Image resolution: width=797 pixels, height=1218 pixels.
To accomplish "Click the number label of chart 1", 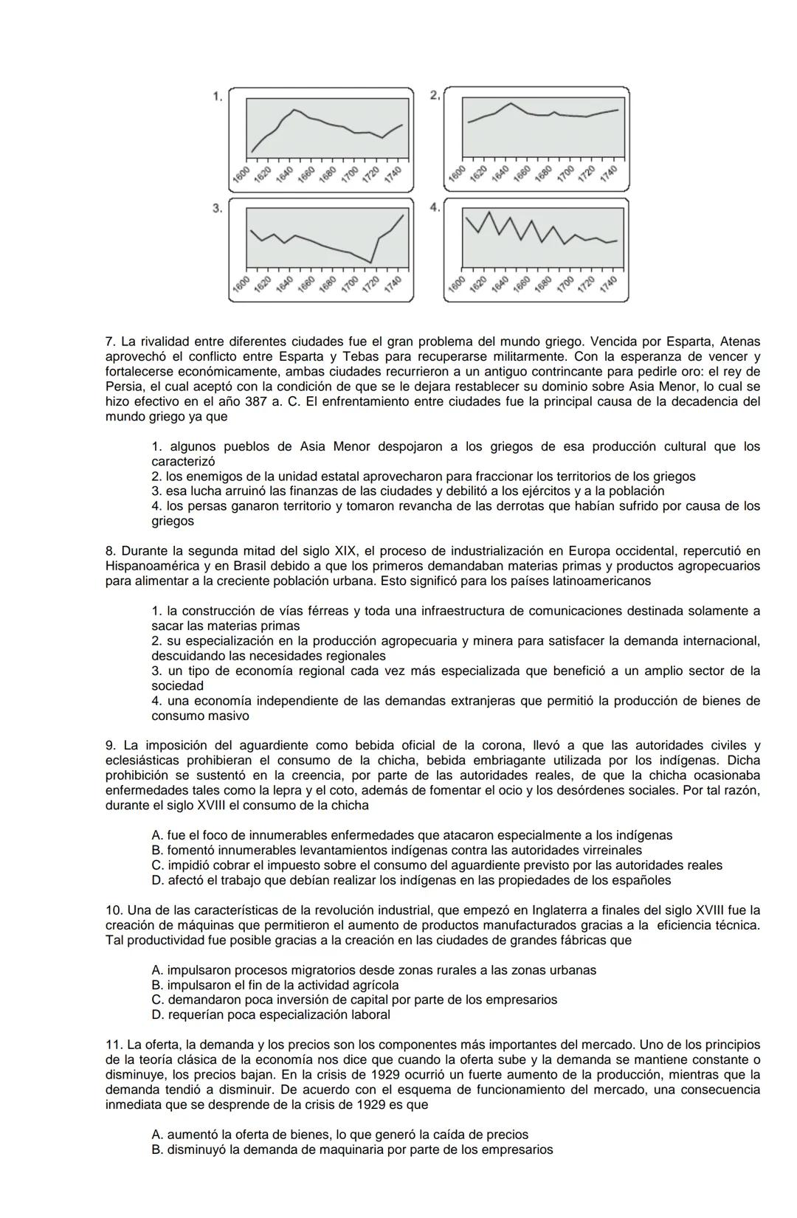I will pyautogui.click(x=217, y=97).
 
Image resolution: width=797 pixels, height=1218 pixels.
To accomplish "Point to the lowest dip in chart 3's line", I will pyautogui.click(x=371, y=262).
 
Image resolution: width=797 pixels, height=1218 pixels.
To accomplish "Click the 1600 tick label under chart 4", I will pyautogui.click(x=458, y=284).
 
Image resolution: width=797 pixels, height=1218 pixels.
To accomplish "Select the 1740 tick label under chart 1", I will pyautogui.click(x=393, y=175).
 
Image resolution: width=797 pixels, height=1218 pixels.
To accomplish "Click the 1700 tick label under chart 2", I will pyautogui.click(x=566, y=175).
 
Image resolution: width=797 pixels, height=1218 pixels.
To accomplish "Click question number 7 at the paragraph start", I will pyautogui.click(x=111, y=342).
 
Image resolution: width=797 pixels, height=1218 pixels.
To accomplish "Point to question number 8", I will pyautogui.click(x=111, y=551).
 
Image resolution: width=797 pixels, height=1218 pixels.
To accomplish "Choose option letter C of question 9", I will pyautogui.click(x=156, y=865).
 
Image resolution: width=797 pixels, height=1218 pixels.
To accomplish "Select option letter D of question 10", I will pyautogui.click(x=156, y=1015).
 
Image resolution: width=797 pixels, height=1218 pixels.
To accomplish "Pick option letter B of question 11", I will pyautogui.click(x=156, y=1150).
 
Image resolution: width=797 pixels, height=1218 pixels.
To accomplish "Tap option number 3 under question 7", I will pyautogui.click(x=156, y=491).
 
